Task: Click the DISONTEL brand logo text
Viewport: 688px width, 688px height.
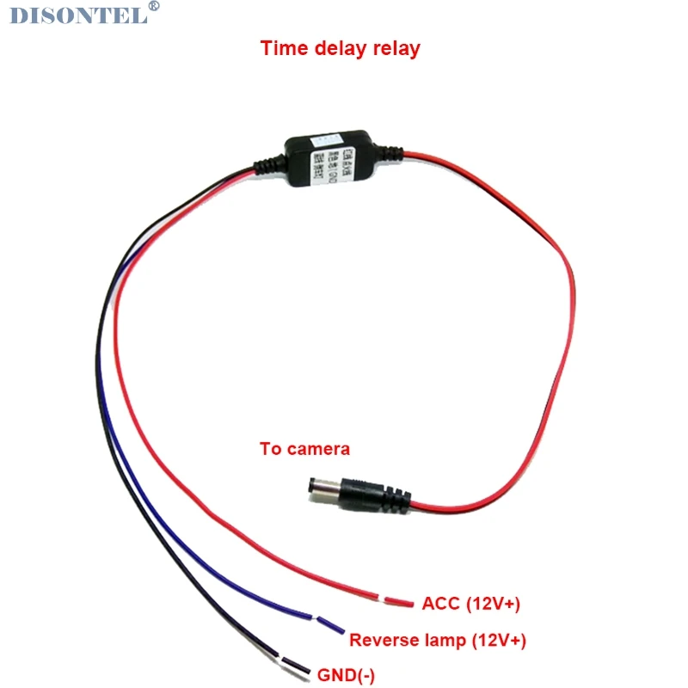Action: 77,15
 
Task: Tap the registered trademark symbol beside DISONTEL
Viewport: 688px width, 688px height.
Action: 154,7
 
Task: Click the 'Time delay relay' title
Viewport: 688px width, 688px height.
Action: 341,48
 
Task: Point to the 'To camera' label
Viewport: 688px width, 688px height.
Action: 304,449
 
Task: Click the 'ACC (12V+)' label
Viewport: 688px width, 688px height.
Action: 471,604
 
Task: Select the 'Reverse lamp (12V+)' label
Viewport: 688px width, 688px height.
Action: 438,640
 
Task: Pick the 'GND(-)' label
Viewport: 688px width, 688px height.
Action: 347,675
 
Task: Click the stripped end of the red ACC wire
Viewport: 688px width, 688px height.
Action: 399,601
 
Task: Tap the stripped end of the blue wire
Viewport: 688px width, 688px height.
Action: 331,625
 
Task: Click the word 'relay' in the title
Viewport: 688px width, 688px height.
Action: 396,48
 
